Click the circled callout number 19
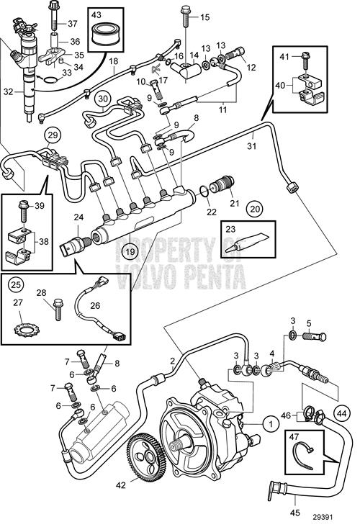(130, 251)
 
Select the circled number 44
(342, 413)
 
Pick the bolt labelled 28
(58, 309)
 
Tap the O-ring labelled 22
(204, 191)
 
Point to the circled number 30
(102, 99)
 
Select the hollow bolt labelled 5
(314, 336)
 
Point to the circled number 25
(15, 284)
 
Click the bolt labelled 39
(24, 212)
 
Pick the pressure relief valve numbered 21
(222, 183)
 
